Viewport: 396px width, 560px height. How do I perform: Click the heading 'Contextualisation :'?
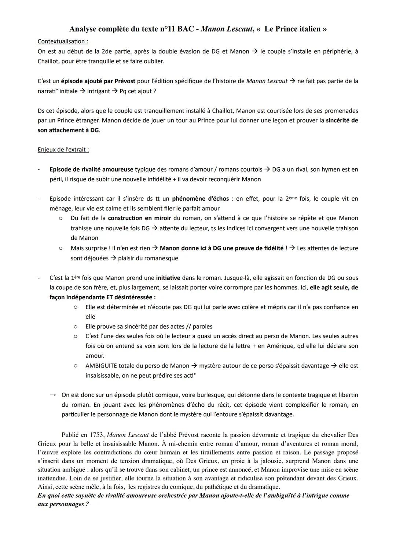pyautogui.click(x=63, y=41)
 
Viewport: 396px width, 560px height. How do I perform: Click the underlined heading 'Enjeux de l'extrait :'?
pyautogui.click(x=63, y=150)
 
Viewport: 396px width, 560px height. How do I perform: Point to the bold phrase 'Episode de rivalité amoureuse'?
pyautogui.click(x=91, y=169)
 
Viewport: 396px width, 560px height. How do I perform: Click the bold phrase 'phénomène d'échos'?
pyautogui.click(x=200, y=199)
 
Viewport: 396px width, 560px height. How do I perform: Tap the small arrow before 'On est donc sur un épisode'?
pyautogui.click(x=53, y=395)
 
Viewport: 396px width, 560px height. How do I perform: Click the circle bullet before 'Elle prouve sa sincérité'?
pyautogui.click(x=76, y=326)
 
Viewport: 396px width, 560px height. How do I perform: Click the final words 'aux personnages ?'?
pyautogui.click(x=63, y=504)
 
